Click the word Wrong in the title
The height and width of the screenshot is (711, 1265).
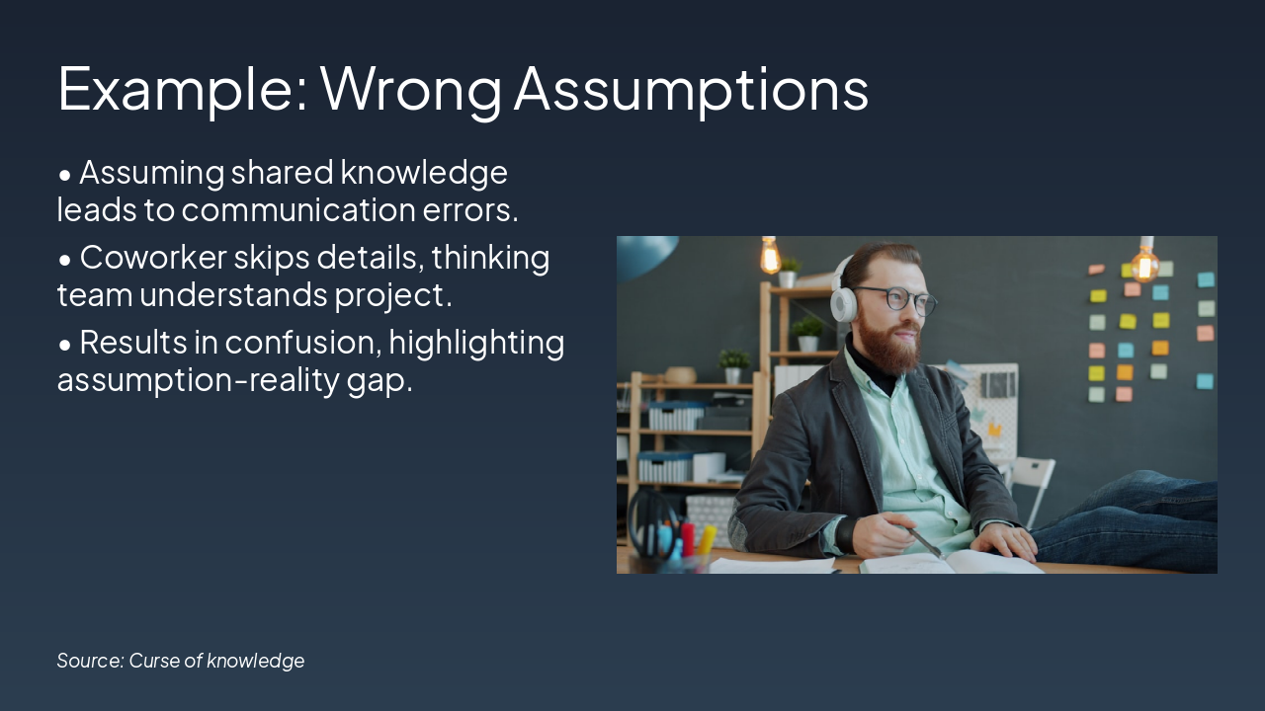[x=411, y=89]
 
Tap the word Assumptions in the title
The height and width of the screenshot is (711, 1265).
[x=691, y=89]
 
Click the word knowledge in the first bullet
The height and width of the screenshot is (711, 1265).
[x=424, y=173]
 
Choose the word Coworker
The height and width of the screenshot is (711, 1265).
[x=152, y=258]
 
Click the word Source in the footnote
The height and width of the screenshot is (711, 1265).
[x=90, y=661]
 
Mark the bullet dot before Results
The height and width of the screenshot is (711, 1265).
[x=65, y=345]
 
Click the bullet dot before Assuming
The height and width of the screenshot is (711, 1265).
[x=65, y=175]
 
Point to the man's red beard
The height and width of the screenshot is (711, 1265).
[x=891, y=345]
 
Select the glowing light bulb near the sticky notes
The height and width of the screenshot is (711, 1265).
[x=1145, y=263]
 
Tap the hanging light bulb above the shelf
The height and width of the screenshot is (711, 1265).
[x=770, y=256]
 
